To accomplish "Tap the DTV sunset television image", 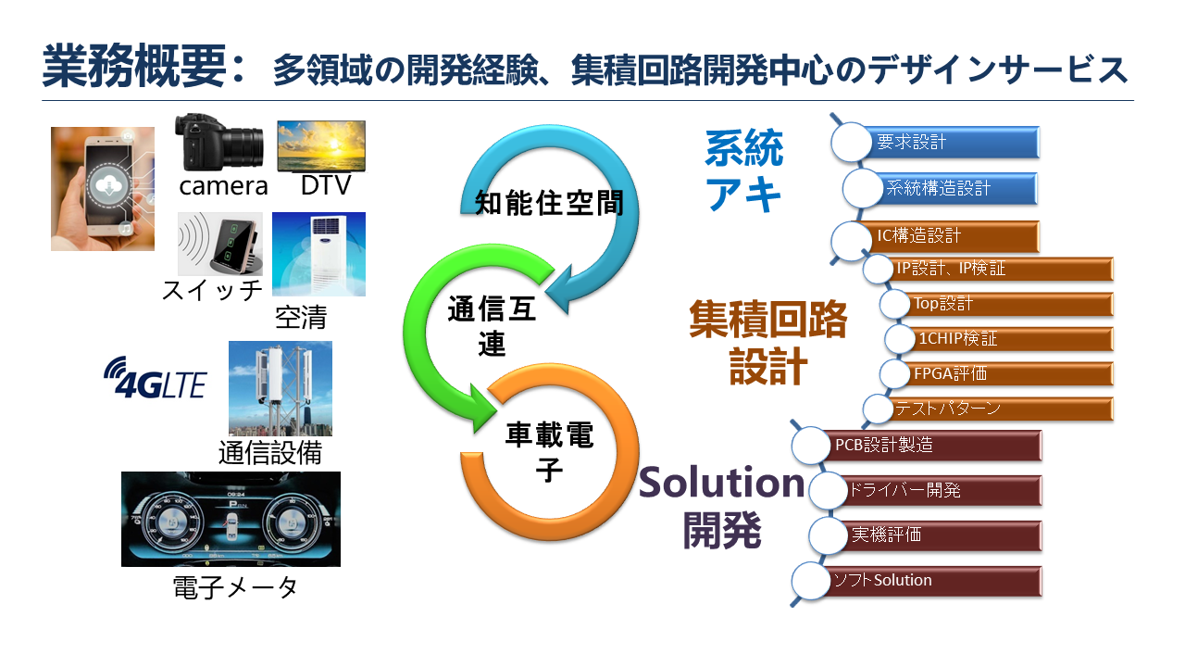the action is coord(321,146).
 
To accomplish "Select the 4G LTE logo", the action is coord(155,378).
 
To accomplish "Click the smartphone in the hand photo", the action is coord(103,188).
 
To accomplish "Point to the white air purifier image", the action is coord(319,254).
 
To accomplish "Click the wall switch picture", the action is coord(220,244).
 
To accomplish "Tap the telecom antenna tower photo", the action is coord(281,388).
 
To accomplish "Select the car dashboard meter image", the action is coord(231,520).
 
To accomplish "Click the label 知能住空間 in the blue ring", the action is coord(550,203).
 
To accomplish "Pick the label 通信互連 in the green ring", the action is coord(492,326).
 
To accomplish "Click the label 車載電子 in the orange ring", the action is coord(550,451).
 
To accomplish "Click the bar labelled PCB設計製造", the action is coord(929,446).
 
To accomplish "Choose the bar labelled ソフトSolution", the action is coord(929,581).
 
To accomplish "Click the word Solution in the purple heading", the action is coord(721,483).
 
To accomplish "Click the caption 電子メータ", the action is coord(235,587).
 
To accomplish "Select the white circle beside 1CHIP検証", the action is coord(899,339).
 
